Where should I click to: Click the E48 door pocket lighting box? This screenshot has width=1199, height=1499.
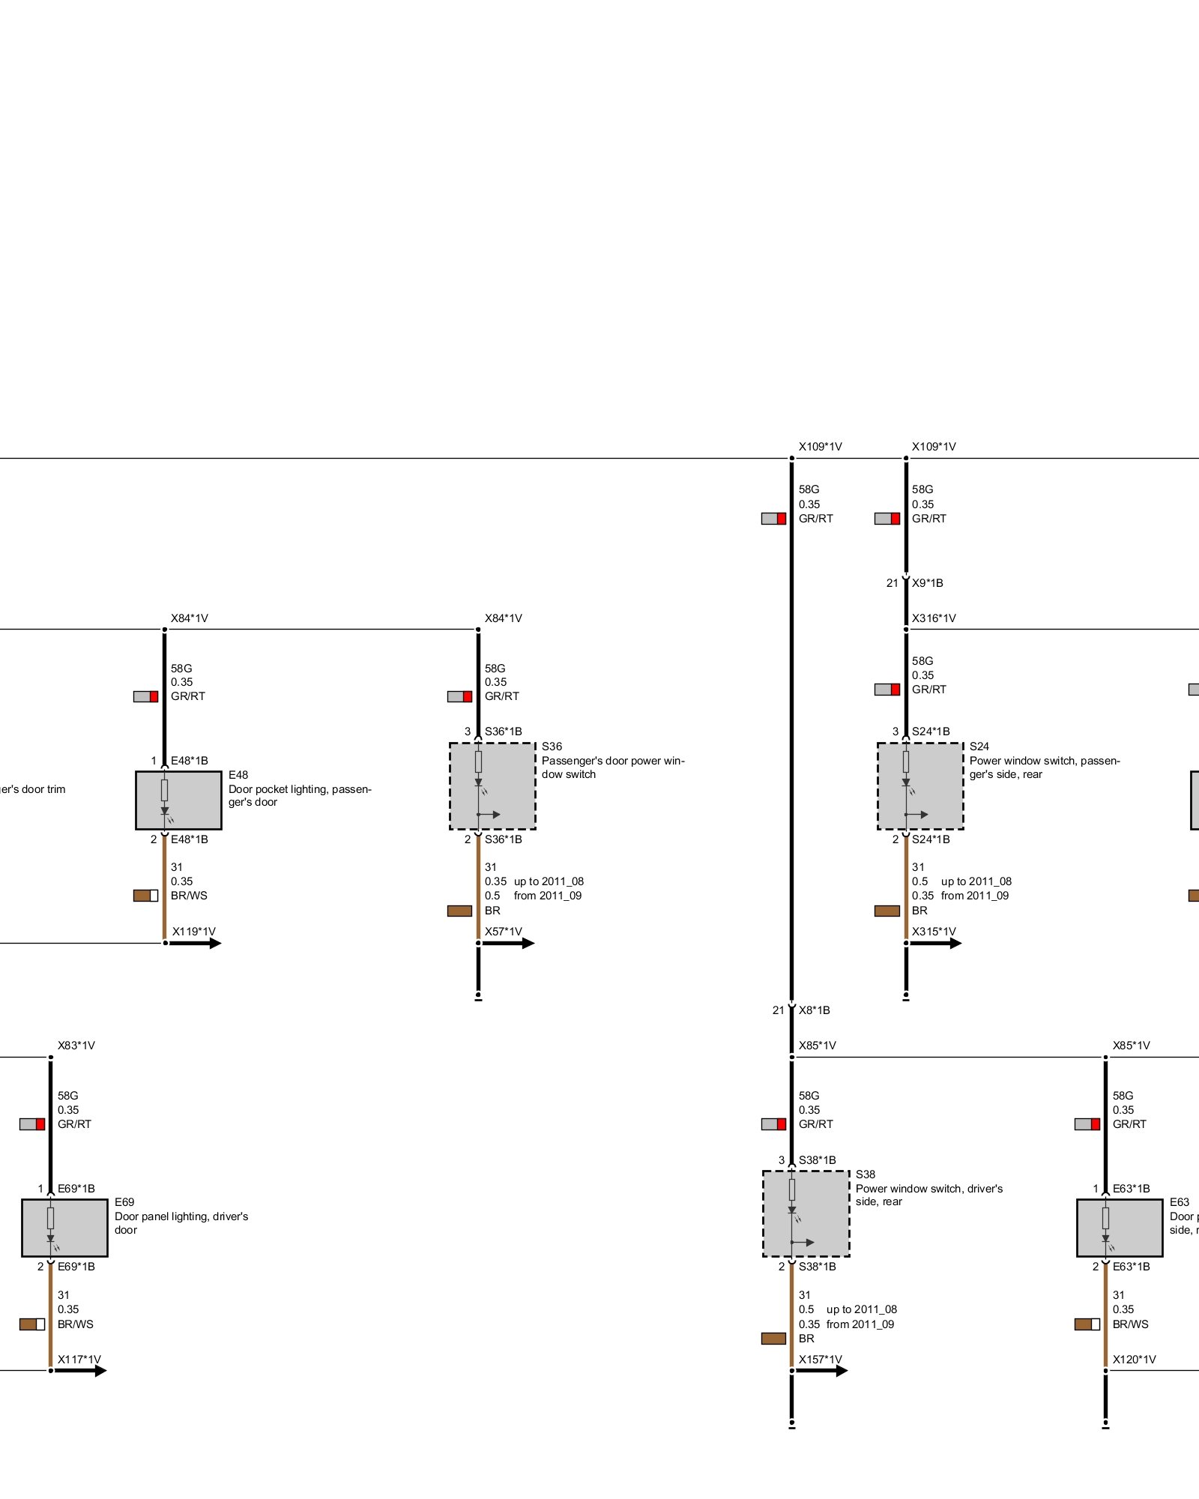178,800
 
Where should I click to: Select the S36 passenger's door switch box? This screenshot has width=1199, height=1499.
492,786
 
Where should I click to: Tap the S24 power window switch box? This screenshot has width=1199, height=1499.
920,786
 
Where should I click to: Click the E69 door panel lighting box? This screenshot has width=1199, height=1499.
64,1228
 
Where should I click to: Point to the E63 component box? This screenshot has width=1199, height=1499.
1120,1228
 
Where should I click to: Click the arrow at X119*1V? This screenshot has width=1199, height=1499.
196,943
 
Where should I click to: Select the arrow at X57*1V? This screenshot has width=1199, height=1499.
510,943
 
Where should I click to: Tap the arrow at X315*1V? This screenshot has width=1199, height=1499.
937,943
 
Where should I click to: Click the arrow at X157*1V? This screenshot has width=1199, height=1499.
823,1371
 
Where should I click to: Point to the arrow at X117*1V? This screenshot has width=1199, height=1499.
82,1371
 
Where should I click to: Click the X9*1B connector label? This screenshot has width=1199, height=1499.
927,583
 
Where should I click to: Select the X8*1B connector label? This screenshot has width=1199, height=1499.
814,1010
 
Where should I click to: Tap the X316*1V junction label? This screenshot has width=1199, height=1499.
934,618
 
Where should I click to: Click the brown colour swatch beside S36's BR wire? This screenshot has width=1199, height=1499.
459,911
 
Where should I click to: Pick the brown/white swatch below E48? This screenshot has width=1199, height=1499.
145,896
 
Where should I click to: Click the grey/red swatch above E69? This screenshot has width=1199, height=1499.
31,1124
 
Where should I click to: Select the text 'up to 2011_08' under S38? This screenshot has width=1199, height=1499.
861,1309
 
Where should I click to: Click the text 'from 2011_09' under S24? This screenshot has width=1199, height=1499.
975,896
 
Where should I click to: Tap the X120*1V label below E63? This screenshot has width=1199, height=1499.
1134,1360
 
